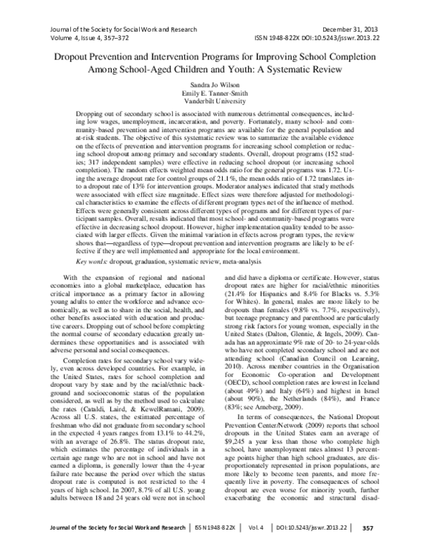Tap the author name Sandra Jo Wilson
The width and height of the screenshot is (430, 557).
pos(214,85)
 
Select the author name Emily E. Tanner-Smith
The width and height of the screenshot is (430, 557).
pos(214,93)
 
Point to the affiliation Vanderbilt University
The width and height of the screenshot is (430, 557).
pos(214,102)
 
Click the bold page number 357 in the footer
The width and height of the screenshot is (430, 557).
pos(408,546)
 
